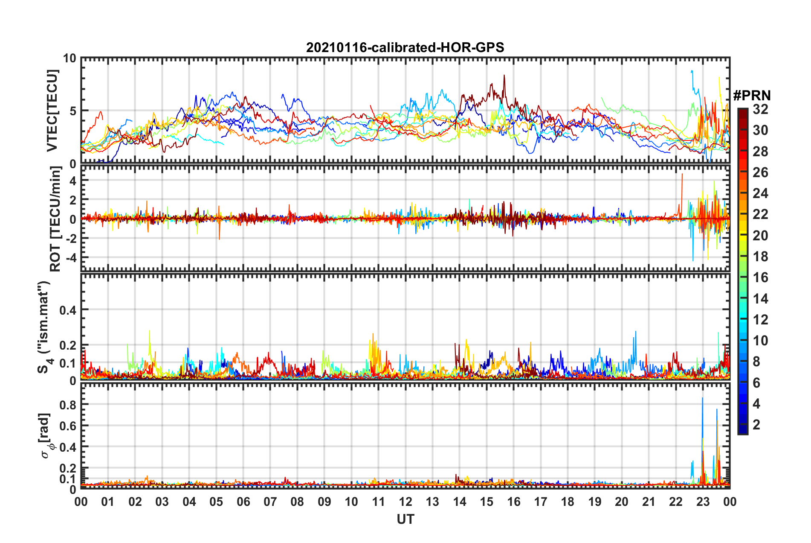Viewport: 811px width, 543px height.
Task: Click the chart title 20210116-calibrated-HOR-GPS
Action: tap(405, 47)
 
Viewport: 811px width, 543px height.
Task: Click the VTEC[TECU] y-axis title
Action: tap(52, 111)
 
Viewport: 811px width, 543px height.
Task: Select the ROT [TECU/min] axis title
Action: tap(55, 219)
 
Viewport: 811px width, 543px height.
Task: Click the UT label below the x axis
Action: tap(405, 519)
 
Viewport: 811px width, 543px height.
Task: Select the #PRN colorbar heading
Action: tap(752, 96)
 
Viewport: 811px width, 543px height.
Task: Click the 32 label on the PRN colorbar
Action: tap(760, 109)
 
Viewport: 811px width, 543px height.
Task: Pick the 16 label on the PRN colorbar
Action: tap(760, 277)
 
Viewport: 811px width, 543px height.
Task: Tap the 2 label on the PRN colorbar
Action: tap(756, 424)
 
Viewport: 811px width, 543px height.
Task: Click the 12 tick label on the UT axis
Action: tap(405, 502)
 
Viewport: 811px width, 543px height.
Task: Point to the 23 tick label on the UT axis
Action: tap(703, 502)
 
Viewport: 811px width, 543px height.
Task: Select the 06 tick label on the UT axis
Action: tap(243, 502)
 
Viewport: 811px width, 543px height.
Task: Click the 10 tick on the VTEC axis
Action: tap(70, 58)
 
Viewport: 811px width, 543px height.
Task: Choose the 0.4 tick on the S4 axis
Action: tap(67, 310)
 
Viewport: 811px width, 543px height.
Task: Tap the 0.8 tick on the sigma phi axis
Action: tap(67, 405)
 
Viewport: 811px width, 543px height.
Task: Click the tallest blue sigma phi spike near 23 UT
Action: tap(702, 399)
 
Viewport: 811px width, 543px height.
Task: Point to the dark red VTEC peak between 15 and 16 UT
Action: tap(504, 76)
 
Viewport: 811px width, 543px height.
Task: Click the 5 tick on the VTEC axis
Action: tap(73, 111)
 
